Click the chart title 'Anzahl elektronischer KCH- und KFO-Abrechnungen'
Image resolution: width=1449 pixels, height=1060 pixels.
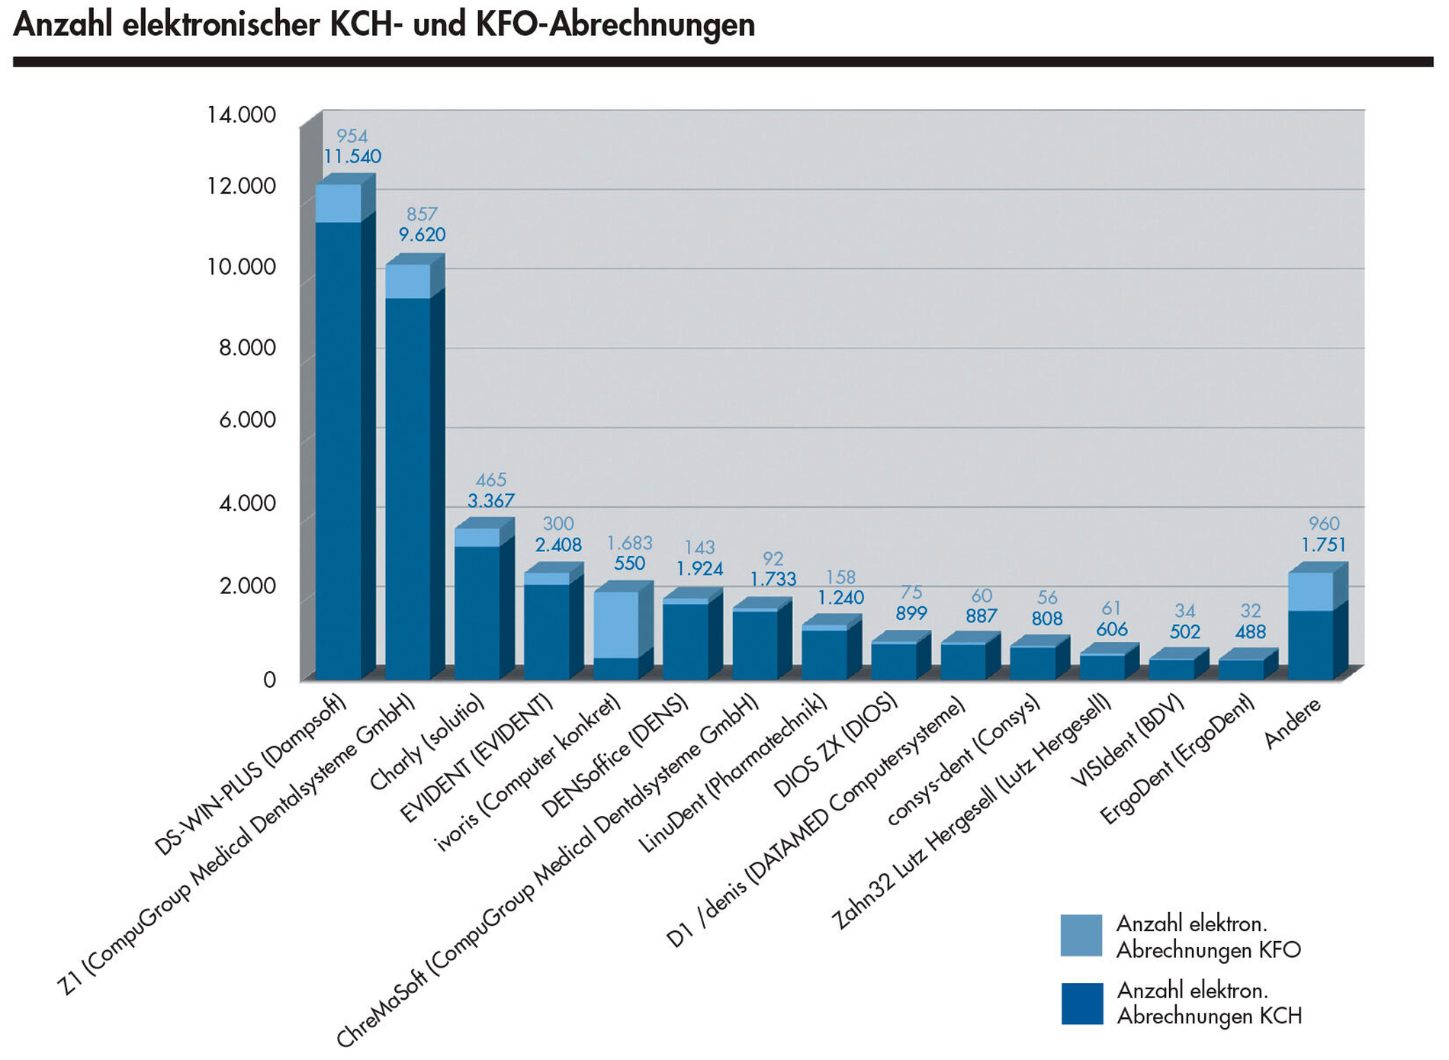pyautogui.click(x=384, y=24)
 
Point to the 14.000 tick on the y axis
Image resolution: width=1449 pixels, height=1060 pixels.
pyautogui.click(x=241, y=115)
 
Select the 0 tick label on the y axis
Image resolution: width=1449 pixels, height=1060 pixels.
pyautogui.click(x=268, y=679)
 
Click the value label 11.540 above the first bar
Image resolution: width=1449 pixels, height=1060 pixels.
pyautogui.click(x=352, y=157)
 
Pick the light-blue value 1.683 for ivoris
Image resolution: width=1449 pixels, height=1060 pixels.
pyautogui.click(x=629, y=543)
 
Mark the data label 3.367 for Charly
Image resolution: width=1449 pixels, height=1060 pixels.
pyautogui.click(x=490, y=501)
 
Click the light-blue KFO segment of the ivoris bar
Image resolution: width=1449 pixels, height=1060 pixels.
pyautogui.click(x=616, y=624)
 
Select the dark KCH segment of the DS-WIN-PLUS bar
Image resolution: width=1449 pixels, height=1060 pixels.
pyautogui.click(x=339, y=450)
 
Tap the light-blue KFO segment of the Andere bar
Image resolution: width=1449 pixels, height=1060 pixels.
pyautogui.click(x=1311, y=591)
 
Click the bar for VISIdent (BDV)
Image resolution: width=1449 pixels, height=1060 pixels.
pyautogui.click(x=1171, y=669)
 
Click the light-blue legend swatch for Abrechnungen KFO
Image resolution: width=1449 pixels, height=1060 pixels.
pyautogui.click(x=1081, y=936)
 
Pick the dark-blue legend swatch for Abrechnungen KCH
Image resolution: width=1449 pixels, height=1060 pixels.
pyautogui.click(x=1081, y=1003)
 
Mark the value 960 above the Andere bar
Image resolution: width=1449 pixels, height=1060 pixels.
pyautogui.click(x=1324, y=524)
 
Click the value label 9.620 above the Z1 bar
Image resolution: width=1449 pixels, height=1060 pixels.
pyautogui.click(x=422, y=235)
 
